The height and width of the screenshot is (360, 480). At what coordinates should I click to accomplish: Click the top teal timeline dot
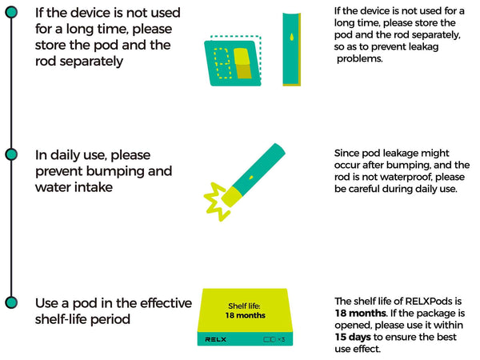click(x=12, y=12)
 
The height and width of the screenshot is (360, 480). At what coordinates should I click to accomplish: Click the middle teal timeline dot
click(x=12, y=154)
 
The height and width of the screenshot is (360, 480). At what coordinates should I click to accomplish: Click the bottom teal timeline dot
click(x=12, y=302)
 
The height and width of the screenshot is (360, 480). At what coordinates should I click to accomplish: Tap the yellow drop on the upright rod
click(x=292, y=37)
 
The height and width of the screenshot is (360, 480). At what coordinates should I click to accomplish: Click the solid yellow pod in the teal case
click(x=242, y=63)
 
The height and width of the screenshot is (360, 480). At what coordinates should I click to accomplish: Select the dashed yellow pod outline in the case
click(x=222, y=63)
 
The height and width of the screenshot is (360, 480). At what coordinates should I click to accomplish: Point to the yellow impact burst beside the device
click(x=216, y=202)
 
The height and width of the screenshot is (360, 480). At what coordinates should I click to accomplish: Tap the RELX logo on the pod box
click(x=215, y=339)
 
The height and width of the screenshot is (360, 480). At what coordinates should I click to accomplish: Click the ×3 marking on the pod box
click(x=282, y=339)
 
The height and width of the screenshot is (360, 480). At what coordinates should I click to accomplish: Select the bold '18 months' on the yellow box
click(x=246, y=315)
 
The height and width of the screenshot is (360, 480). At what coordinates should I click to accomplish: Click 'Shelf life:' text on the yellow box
click(x=244, y=306)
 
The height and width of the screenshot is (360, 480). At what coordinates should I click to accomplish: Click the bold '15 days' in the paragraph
click(x=353, y=337)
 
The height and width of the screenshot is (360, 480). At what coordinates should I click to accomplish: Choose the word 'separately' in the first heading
click(x=91, y=62)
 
